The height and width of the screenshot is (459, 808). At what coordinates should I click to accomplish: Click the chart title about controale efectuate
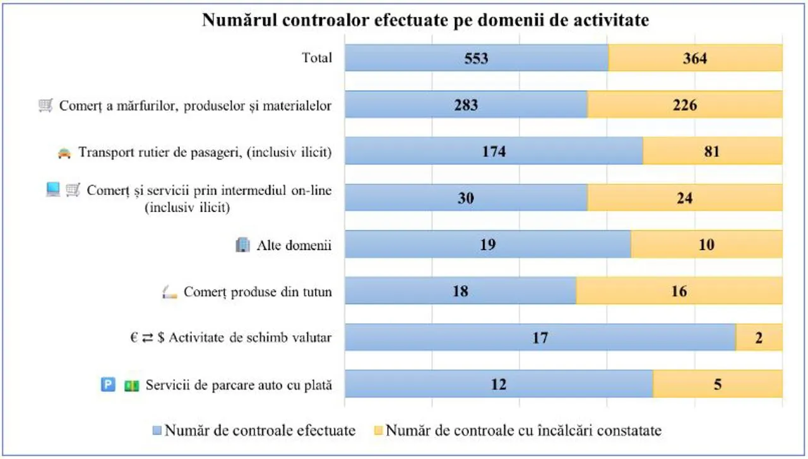(x=425, y=20)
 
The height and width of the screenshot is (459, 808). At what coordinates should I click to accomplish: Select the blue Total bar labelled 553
(x=477, y=57)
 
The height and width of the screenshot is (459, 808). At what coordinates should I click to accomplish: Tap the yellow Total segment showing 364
(x=696, y=57)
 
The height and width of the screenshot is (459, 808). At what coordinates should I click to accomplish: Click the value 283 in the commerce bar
(x=466, y=105)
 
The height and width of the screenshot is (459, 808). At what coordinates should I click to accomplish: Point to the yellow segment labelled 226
(x=685, y=104)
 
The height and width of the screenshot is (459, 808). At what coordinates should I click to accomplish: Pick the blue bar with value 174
(x=494, y=151)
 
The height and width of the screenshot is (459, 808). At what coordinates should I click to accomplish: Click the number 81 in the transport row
(x=712, y=151)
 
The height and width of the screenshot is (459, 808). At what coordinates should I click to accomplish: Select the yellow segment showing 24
(x=685, y=198)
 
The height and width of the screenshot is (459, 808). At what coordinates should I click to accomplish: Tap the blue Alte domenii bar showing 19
(x=488, y=244)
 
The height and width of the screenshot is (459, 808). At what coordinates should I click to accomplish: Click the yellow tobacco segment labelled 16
(x=679, y=291)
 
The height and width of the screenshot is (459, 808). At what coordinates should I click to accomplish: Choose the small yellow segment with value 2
(x=759, y=337)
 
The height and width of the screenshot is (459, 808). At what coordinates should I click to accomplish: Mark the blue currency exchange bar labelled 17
(x=540, y=337)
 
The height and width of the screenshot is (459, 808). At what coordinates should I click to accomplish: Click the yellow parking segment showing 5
(x=718, y=384)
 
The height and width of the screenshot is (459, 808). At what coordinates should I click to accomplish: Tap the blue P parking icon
(x=108, y=384)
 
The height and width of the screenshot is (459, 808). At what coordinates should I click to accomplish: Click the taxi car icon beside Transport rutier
(x=64, y=153)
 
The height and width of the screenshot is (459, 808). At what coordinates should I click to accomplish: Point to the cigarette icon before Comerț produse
(x=170, y=292)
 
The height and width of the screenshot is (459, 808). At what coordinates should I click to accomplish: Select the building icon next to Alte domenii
(x=243, y=245)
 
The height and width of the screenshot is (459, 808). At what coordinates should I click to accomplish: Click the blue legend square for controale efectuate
(x=157, y=431)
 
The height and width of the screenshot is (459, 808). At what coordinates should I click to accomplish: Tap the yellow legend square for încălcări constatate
(x=378, y=431)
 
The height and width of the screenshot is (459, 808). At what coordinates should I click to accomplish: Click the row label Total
(x=317, y=58)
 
